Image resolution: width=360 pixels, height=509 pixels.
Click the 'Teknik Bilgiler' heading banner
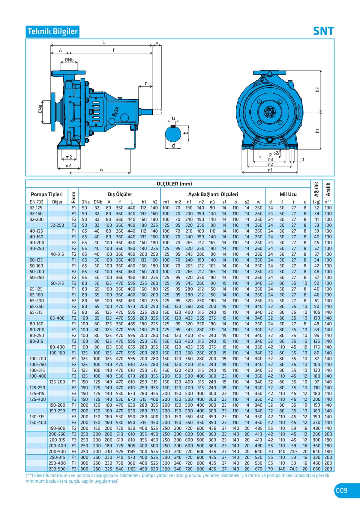pyautogui.click(x=52, y=31)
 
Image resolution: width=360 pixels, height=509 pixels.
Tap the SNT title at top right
pyautogui.click(x=323, y=31)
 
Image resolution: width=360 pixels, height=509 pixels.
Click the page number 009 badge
pyautogui.click(x=342, y=490)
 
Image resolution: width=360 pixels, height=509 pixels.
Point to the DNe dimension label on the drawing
pyautogui.click(x=40, y=109)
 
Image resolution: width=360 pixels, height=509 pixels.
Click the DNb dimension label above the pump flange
pyautogui.click(x=69, y=60)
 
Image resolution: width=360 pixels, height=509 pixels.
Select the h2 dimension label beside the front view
pyautogui.click(x=317, y=90)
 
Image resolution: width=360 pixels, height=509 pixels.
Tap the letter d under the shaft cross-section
pyautogui.click(x=173, y=146)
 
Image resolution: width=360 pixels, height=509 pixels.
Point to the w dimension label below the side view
pyautogui.click(x=101, y=170)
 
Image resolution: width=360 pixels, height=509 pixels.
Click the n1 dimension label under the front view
pyautogui.click(x=270, y=170)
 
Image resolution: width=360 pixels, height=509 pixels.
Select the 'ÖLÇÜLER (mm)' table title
pyautogui.click(x=174, y=184)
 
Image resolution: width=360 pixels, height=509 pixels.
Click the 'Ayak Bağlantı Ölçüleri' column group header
pyautogui.click(x=213, y=194)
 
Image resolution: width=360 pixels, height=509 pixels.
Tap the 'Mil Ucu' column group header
pyautogui.click(x=288, y=194)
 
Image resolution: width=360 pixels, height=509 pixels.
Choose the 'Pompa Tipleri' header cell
pyautogui.click(x=47, y=194)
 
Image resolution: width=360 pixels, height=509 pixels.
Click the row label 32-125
pyautogui.click(x=36, y=208)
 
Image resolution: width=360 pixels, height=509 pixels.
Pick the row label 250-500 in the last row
pyautogui.click(x=57, y=469)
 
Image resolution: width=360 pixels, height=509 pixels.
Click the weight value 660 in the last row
pyautogui.click(x=316, y=469)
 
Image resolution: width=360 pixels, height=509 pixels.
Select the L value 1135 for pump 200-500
pyautogui.click(x=131, y=451)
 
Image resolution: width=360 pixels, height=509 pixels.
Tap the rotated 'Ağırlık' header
pyautogui.click(x=316, y=189)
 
